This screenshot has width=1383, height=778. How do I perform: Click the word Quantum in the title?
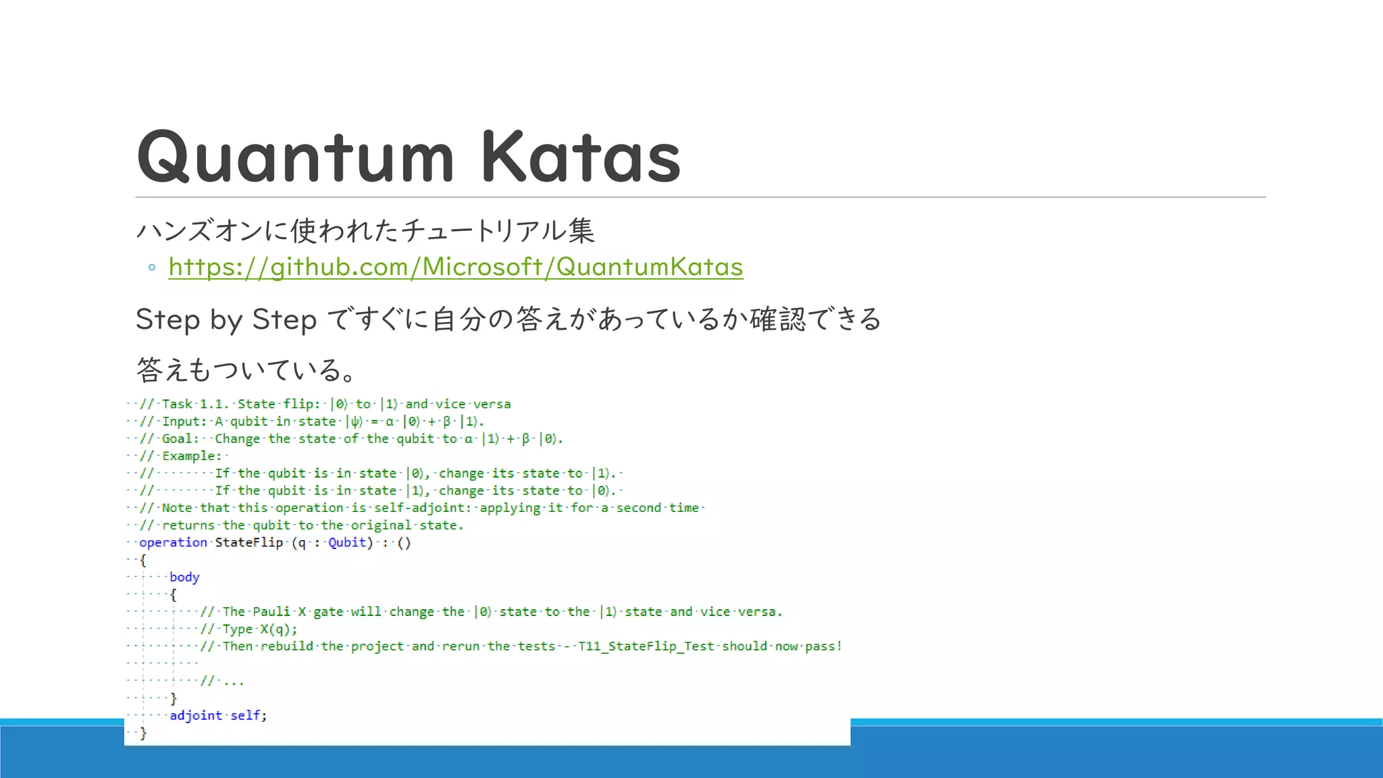click(295, 157)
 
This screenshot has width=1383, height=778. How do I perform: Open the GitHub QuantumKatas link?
click(456, 267)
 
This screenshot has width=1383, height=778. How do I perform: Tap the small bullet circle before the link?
click(152, 268)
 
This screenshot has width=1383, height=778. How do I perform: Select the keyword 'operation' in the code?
click(173, 542)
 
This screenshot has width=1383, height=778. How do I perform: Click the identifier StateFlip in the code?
click(249, 542)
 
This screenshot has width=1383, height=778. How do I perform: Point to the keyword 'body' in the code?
click(184, 577)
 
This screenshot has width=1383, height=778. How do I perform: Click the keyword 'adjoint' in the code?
click(196, 715)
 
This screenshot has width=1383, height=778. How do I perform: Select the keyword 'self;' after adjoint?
click(249, 715)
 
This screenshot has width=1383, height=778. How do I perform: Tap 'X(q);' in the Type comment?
click(279, 629)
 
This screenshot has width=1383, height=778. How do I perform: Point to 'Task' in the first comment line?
click(177, 404)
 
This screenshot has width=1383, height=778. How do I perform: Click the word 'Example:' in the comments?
click(192, 456)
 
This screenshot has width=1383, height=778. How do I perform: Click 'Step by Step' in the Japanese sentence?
click(226, 319)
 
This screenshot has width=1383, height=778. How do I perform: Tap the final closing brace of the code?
click(143, 733)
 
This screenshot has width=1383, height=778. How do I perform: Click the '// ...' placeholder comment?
click(222, 681)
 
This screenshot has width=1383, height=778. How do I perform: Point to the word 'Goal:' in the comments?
click(180, 439)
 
